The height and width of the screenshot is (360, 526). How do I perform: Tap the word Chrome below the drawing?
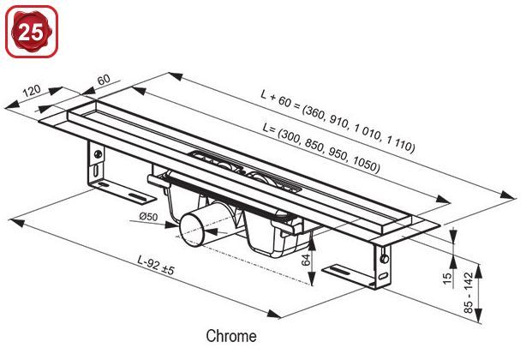pyautogui.click(x=230, y=337)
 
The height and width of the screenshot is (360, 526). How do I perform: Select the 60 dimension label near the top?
pyautogui.click(x=104, y=80)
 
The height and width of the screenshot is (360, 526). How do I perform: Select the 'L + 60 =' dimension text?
pyautogui.click(x=281, y=99)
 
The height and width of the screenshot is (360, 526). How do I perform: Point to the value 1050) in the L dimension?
pyautogui.click(x=367, y=162)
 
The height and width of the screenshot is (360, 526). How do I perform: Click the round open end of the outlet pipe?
pyautogui.click(x=189, y=230)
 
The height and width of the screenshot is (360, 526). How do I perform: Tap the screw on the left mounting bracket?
pyautogui.click(x=99, y=154)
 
